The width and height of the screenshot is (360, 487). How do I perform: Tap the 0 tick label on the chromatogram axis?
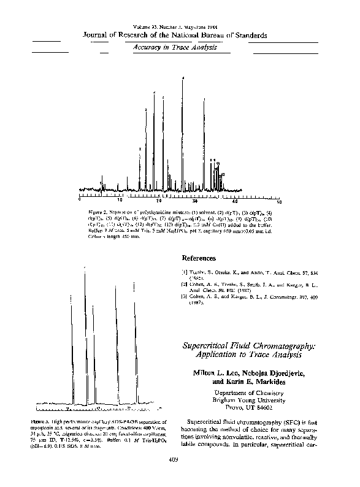pos(80,201)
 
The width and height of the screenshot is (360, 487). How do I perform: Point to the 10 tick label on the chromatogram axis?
pos(120,201)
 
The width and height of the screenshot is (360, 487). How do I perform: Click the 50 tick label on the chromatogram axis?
pos(279,201)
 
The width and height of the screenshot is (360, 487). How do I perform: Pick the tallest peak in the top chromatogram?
pos(182,80)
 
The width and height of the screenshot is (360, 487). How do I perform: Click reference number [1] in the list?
pos(185,272)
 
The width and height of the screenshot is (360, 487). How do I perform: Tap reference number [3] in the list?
pos(185,297)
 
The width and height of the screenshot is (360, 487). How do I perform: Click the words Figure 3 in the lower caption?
pos(47,422)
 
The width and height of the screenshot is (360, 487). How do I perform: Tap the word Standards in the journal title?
pos(250,36)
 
